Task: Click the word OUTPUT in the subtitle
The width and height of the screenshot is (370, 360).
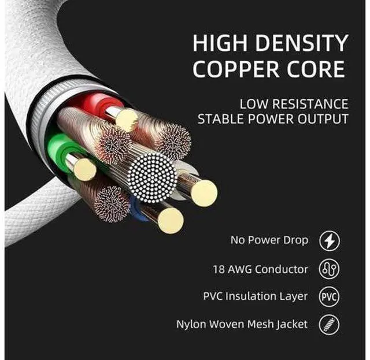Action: [x=323, y=118]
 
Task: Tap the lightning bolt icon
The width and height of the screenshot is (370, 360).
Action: [x=330, y=241]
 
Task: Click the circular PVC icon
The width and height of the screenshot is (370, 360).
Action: [x=329, y=296]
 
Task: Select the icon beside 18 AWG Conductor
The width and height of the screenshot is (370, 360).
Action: [x=329, y=269]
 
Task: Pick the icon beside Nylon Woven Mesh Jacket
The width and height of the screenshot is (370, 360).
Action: [x=329, y=324]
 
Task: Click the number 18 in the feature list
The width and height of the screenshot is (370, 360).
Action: [x=218, y=269]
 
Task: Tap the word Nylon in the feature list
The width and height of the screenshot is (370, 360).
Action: [x=191, y=324]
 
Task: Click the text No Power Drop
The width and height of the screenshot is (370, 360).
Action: [x=269, y=240]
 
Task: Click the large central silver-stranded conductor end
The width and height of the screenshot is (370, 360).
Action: [x=152, y=177]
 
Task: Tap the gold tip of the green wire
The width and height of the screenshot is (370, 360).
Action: [x=85, y=169]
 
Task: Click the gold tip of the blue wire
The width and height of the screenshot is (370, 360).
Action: [x=171, y=221]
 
